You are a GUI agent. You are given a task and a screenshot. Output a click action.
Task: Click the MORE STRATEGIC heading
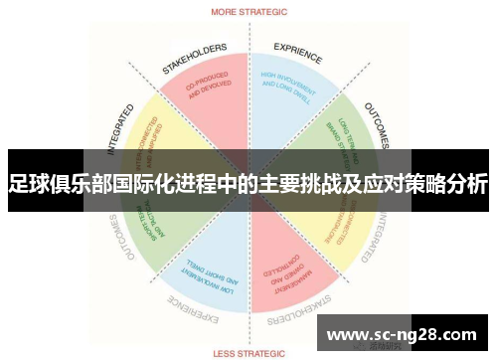pyautogui.click(x=248, y=13)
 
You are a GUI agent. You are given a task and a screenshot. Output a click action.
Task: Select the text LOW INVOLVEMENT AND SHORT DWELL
pyautogui.click(x=212, y=277)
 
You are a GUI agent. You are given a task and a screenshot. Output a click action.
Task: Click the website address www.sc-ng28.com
pyautogui.click(x=401, y=332)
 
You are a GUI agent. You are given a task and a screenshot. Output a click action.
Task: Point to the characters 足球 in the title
pyautogui.click(x=30, y=184)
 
